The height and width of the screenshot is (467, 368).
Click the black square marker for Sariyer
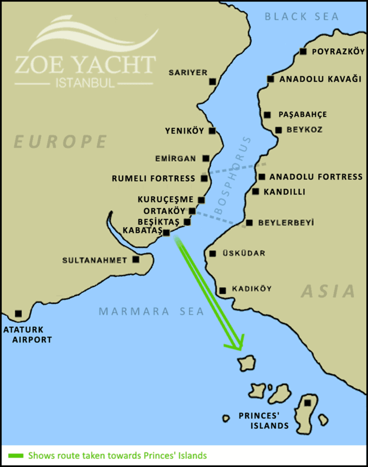(213, 81)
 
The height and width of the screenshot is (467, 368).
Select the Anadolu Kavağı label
(320, 79)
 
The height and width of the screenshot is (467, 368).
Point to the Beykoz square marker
(279, 130)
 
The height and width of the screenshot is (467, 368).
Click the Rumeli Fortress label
(154, 179)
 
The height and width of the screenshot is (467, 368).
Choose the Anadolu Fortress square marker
(262, 177)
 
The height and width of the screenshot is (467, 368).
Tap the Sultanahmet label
(94, 260)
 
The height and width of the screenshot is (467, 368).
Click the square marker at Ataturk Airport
(18, 313)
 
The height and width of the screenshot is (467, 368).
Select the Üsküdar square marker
(213, 254)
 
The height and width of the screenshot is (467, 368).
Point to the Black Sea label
(302, 17)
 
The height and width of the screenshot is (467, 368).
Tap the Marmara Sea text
(151, 312)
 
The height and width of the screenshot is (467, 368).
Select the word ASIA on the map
(328, 291)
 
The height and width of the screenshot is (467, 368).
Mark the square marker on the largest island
(308, 403)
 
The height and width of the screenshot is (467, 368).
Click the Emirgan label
(175, 159)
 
